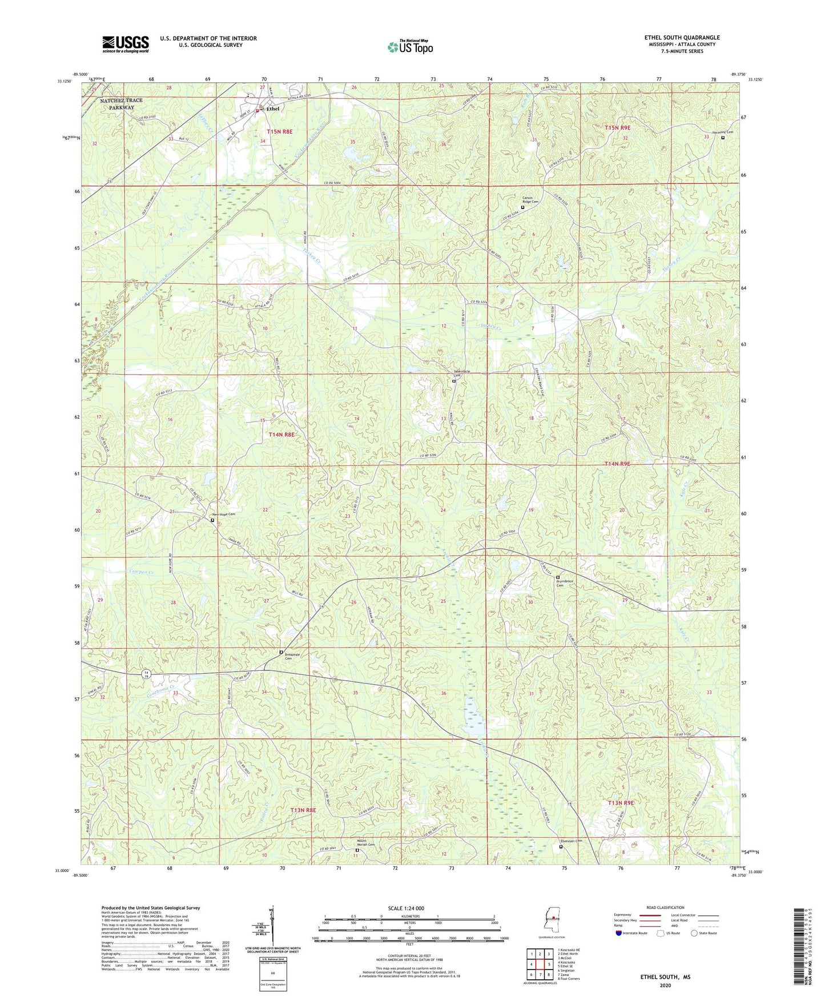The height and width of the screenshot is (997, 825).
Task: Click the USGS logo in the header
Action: (x=126, y=43)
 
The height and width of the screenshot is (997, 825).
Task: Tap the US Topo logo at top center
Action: (x=410, y=47)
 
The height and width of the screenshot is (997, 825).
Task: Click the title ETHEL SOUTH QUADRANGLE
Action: (x=682, y=38)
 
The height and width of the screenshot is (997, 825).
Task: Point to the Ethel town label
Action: (x=273, y=108)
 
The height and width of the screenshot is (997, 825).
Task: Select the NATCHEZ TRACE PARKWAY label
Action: (x=121, y=104)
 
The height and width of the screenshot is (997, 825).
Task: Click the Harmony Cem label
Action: (x=722, y=132)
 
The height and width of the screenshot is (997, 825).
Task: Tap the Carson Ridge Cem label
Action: (x=530, y=200)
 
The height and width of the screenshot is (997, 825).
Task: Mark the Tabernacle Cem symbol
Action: (x=454, y=381)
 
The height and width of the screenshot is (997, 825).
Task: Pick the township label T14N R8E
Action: (x=281, y=435)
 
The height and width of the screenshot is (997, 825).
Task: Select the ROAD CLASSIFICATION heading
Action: (x=665, y=907)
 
